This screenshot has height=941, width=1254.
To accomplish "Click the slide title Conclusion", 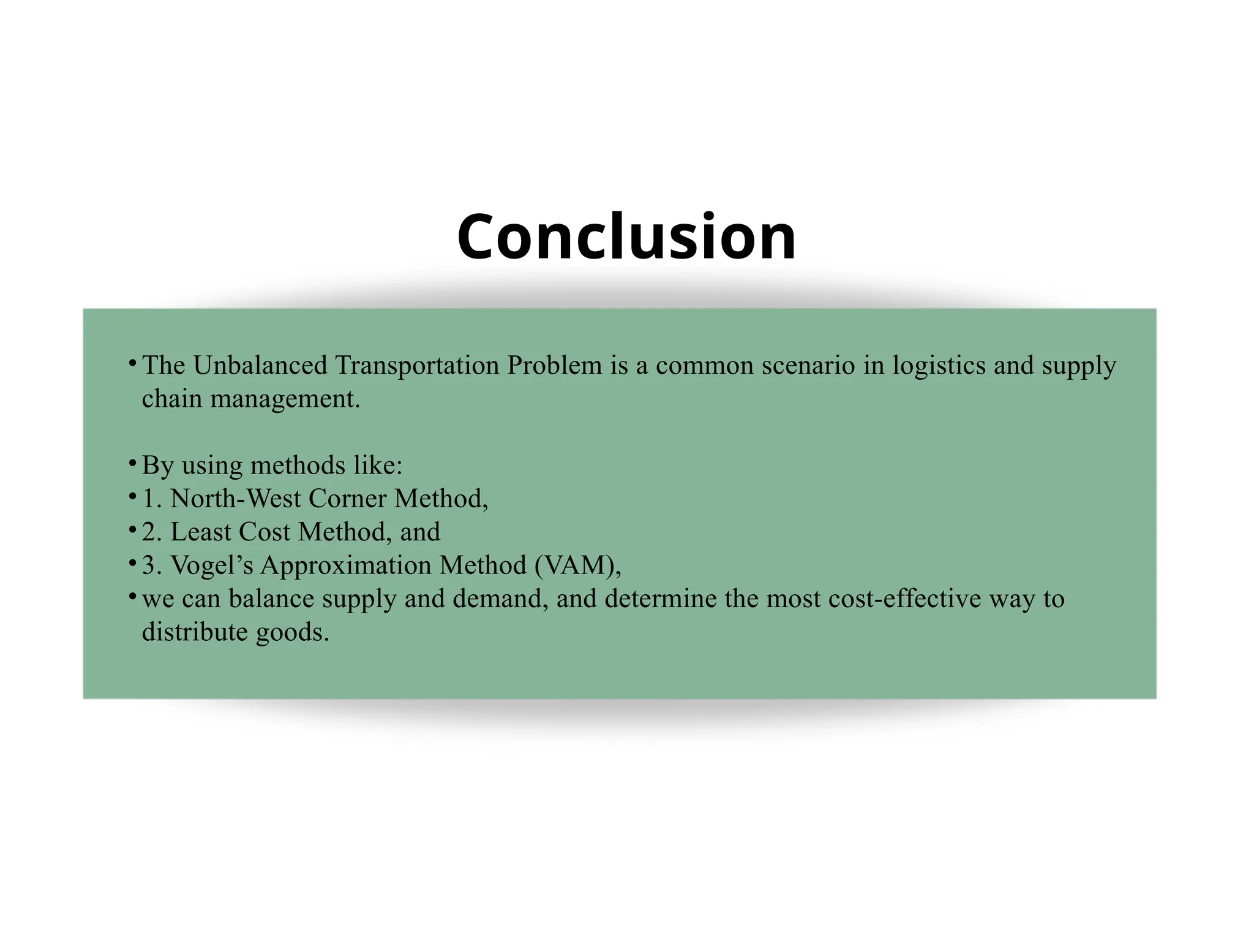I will [x=626, y=236].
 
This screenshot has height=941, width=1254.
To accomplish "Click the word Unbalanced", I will [x=260, y=366].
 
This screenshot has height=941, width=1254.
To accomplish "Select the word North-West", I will [x=236, y=499].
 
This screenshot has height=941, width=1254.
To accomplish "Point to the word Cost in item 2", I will [x=264, y=532].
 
